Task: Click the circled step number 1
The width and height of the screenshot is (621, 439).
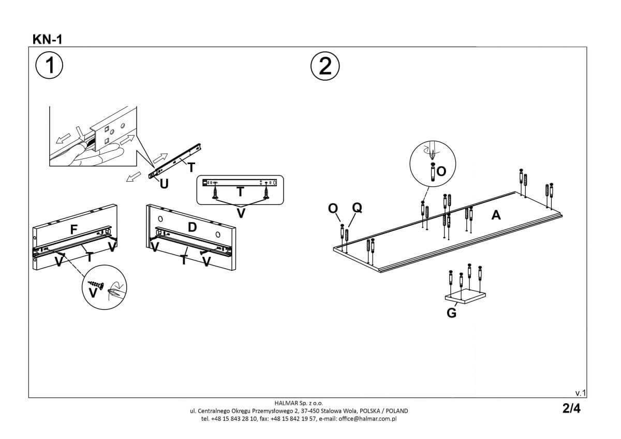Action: (x=50, y=66)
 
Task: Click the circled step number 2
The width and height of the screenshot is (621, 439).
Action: (x=324, y=66)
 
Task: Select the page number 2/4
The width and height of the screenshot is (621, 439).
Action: (x=571, y=408)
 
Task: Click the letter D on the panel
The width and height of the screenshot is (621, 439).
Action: (x=192, y=226)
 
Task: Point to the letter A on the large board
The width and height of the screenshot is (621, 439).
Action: (x=496, y=215)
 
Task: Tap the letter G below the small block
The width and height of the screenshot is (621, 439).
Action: (x=451, y=313)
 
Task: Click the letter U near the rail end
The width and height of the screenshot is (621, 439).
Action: (x=164, y=183)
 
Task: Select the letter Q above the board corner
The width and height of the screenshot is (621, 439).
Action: (x=357, y=208)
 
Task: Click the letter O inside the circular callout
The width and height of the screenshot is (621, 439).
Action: (x=441, y=171)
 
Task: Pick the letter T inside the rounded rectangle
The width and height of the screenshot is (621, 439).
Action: (x=240, y=192)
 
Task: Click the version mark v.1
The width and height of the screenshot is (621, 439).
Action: (x=580, y=392)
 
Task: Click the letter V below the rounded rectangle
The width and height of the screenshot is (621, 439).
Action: (x=241, y=213)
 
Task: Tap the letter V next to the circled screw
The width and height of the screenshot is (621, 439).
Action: (x=93, y=293)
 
